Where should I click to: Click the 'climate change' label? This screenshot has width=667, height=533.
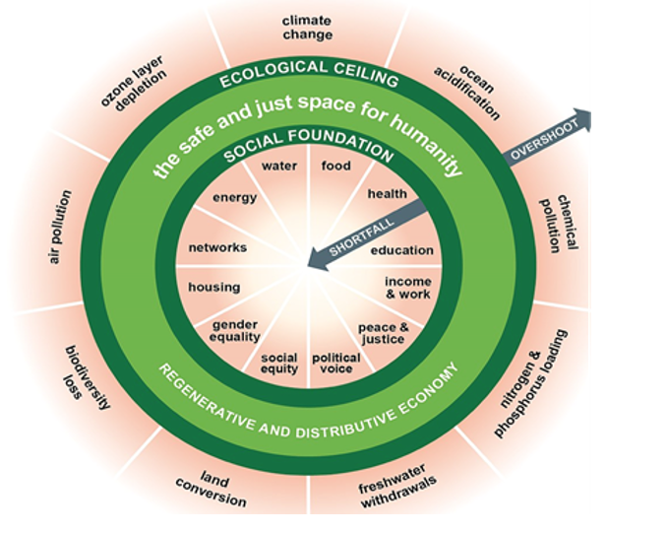point(307,28)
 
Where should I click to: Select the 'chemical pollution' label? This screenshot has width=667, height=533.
point(559,223)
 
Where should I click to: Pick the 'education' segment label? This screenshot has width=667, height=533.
point(401,250)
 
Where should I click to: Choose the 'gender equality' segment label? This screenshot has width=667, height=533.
point(234,330)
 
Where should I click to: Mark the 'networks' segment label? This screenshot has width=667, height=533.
point(217,247)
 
